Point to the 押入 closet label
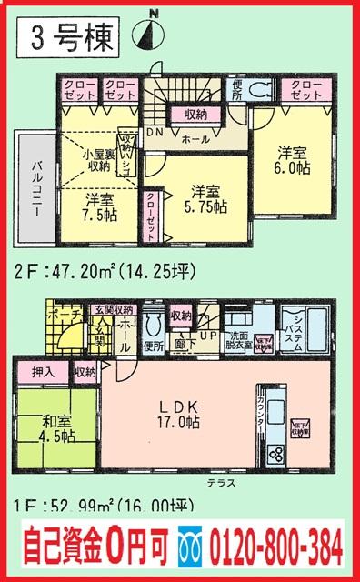pos(43,372)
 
